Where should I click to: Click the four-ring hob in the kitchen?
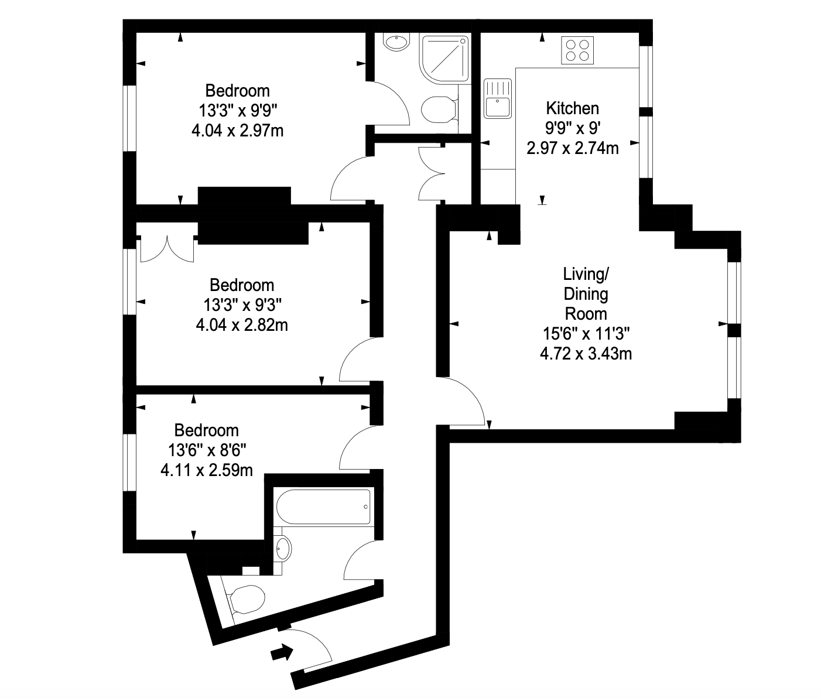(x=577, y=50)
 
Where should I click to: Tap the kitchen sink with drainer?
(x=497, y=98)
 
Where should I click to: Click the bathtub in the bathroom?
(x=323, y=507)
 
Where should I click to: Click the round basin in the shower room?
(x=396, y=42)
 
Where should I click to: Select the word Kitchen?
(x=572, y=108)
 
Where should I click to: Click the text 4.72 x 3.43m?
(x=586, y=353)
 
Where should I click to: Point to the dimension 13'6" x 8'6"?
(x=207, y=450)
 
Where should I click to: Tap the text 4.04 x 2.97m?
(x=238, y=131)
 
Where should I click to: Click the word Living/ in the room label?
(x=586, y=274)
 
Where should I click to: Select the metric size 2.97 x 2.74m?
(x=572, y=148)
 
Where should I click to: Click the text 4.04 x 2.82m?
(x=242, y=325)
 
